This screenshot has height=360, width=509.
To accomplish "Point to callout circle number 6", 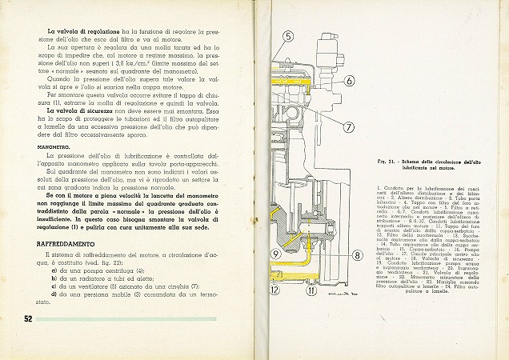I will (350, 80).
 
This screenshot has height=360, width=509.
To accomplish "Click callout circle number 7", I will (349, 126).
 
